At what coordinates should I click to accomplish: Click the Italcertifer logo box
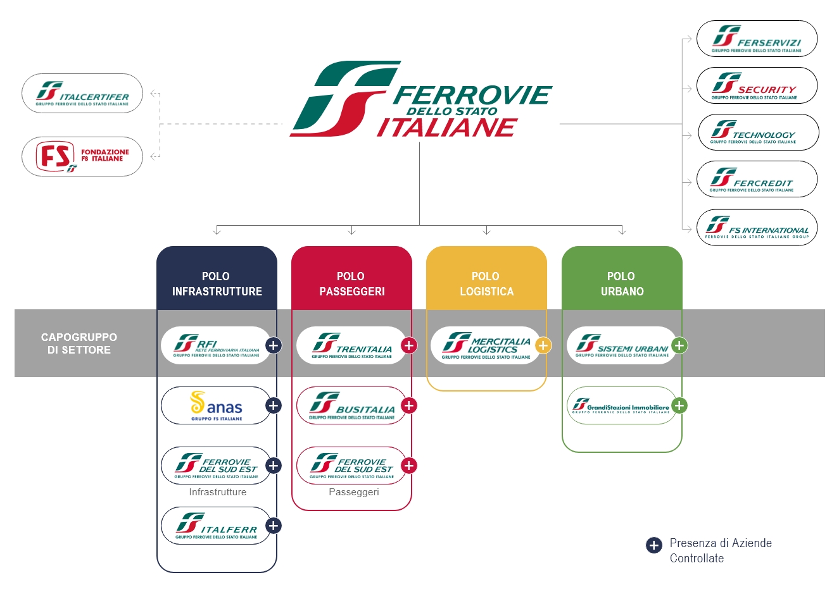click(82, 94)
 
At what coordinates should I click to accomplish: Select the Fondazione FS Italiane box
click(82, 156)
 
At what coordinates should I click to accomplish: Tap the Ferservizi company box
click(757, 39)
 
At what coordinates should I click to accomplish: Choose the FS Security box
click(757, 85)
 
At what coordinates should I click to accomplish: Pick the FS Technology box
click(758, 132)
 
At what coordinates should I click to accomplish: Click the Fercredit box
click(757, 179)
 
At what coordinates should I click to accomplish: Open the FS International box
click(757, 228)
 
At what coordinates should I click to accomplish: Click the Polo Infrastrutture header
click(217, 284)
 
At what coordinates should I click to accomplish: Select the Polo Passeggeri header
click(351, 284)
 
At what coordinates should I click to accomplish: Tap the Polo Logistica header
click(486, 284)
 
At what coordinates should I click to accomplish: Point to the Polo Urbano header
click(622, 284)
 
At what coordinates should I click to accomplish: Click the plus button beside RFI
click(274, 345)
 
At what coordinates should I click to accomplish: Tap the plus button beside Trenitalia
click(409, 345)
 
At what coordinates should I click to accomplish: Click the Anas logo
click(216, 405)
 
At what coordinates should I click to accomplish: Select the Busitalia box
click(351, 405)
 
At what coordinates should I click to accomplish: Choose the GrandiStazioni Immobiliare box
click(621, 405)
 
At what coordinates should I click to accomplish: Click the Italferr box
click(216, 526)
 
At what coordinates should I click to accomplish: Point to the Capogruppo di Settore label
click(79, 343)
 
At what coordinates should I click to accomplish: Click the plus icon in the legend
click(654, 545)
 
